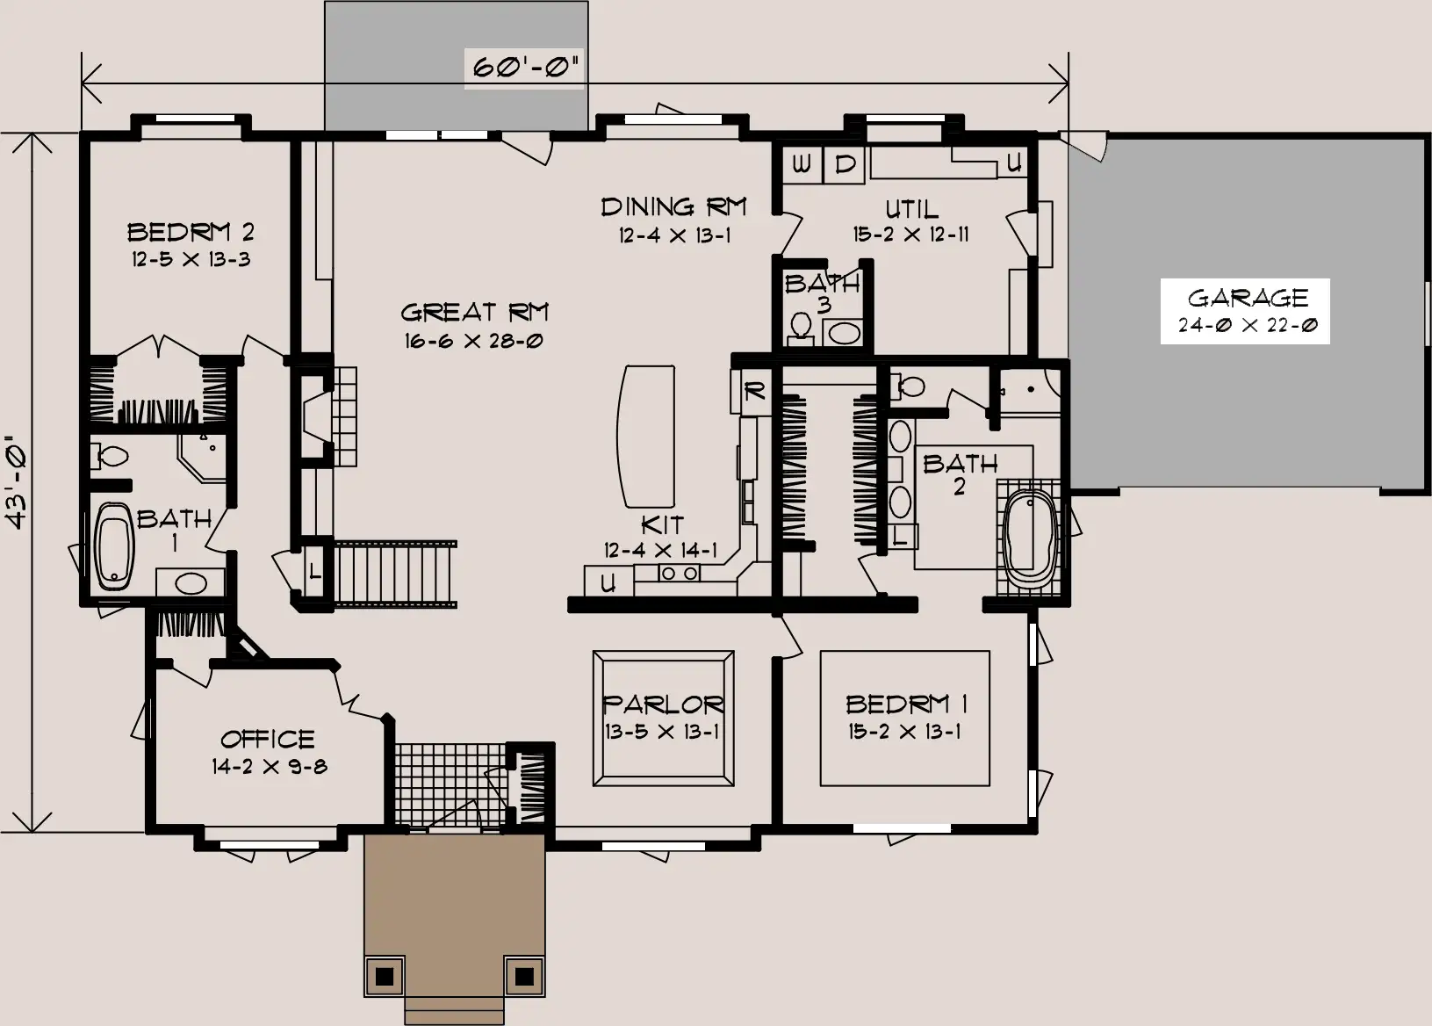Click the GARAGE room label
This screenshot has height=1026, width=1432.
tap(1248, 298)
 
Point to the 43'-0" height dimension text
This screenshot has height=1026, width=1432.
tap(17, 483)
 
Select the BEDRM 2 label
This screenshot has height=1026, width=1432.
tap(191, 232)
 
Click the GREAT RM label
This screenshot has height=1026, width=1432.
tap(474, 312)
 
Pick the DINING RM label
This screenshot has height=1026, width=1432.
tap(673, 206)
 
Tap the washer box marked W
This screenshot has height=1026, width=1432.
tap(802, 165)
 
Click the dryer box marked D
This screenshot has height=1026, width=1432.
tap(844, 165)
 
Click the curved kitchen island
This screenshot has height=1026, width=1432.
tap(645, 437)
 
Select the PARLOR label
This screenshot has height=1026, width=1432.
tap(663, 704)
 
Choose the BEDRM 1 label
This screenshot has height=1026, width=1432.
tap(906, 704)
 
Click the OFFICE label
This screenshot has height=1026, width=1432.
tap(268, 740)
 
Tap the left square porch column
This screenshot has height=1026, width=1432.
tap(385, 976)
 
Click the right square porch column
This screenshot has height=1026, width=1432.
tap(524, 976)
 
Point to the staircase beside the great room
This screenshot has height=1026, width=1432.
tap(395, 573)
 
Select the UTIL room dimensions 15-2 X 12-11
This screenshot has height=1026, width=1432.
tap(910, 235)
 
